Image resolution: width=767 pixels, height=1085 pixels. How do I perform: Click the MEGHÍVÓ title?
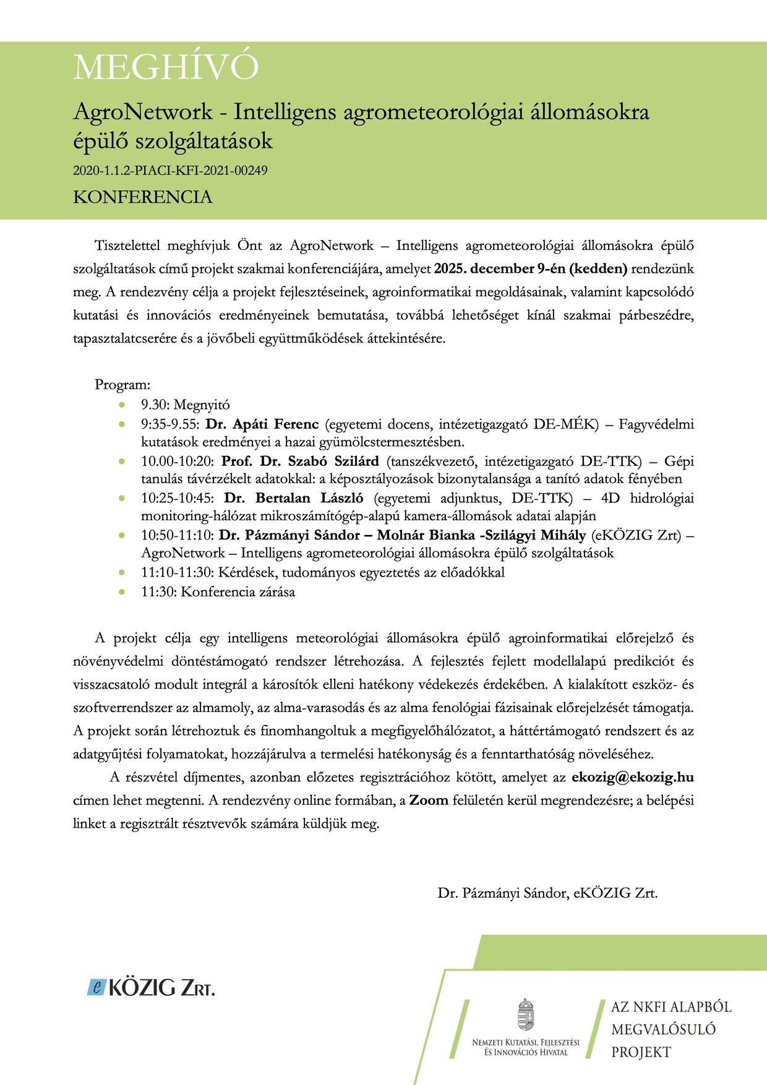166,67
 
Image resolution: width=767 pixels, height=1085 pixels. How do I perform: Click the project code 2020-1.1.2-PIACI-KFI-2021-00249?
170,170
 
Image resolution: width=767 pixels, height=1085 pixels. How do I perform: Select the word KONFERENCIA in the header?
143,197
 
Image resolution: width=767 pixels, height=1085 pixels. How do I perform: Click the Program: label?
122,385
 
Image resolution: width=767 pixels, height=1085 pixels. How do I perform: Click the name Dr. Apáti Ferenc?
262,424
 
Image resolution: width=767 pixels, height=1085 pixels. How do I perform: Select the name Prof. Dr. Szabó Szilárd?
300,461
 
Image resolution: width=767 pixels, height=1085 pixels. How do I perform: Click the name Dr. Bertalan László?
294,499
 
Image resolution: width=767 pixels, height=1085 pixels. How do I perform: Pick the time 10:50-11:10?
178,535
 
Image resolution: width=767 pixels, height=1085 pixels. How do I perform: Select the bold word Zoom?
429,800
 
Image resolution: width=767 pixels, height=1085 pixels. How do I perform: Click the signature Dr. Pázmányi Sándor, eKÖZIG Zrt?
547,893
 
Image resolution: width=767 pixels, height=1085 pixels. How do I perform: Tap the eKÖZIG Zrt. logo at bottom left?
151,988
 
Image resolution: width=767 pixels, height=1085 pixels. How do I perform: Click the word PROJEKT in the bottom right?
641,1052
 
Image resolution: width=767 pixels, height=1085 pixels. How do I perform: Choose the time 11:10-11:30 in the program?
178,573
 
